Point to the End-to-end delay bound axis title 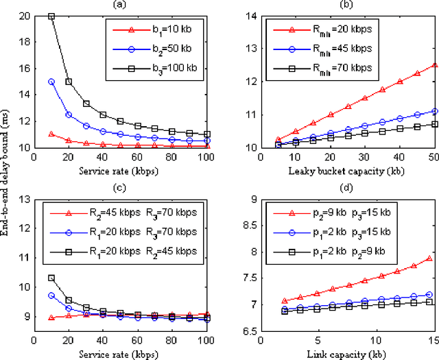coord(6,180)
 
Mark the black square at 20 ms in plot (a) coord(51,16)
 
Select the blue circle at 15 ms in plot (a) coord(51,81)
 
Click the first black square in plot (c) coord(51,278)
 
